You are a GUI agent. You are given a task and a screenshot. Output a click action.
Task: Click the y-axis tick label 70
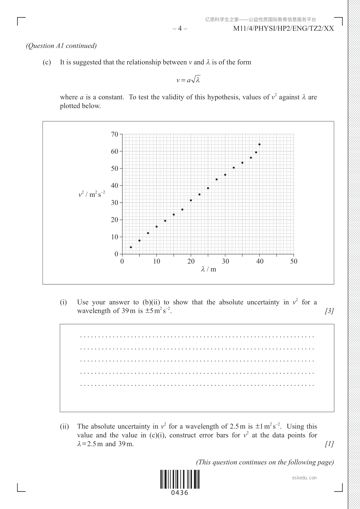[115, 134]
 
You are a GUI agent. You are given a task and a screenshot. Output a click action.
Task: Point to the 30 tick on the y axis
[115, 203]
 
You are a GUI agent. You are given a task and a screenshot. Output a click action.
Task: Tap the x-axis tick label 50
[294, 261]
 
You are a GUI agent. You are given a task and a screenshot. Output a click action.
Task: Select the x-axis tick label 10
[157, 261]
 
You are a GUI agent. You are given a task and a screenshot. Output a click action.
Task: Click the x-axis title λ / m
[209, 269]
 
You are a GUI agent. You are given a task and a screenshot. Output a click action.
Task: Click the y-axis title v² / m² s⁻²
[92, 194]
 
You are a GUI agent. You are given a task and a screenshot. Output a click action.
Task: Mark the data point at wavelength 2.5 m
[131, 247]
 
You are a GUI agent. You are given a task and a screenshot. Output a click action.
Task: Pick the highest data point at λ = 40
[259, 144]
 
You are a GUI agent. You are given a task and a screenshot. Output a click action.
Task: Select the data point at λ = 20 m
[191, 200]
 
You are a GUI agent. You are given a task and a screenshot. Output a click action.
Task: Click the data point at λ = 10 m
[157, 227]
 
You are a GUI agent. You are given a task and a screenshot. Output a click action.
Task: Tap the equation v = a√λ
[188, 80]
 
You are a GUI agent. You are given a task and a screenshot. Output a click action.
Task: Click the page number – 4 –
[180, 29]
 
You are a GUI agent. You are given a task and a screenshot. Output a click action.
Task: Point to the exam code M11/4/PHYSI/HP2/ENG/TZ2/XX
[284, 29]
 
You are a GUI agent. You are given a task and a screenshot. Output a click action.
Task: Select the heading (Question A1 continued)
[61, 46]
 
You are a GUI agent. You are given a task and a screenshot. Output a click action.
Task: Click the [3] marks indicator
[329, 311]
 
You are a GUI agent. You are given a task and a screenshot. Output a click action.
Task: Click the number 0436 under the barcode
[180, 493]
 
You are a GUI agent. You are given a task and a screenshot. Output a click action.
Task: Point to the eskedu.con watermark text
[304, 478]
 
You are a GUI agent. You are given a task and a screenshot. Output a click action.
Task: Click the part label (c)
[47, 62]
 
